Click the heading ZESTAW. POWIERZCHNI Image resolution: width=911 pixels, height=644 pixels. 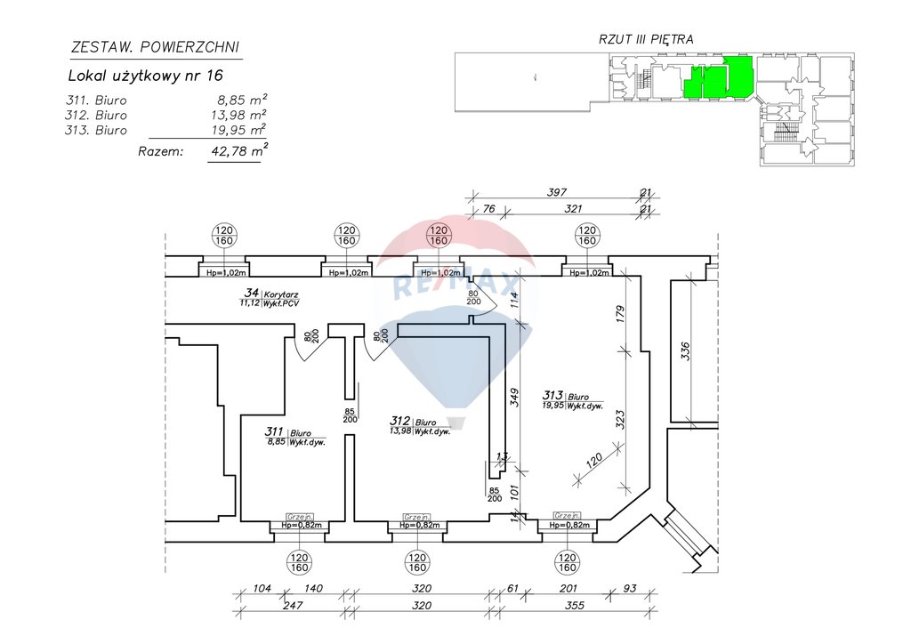(154, 47)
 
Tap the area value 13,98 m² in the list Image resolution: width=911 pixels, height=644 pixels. (236, 115)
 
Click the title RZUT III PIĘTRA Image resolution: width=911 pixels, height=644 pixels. (647, 39)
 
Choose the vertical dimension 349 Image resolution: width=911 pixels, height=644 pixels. (513, 395)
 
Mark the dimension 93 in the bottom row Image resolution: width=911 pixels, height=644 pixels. (630, 589)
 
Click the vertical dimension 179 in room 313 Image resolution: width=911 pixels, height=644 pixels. (620, 314)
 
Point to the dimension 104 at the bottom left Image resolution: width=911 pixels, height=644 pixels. (262, 589)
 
